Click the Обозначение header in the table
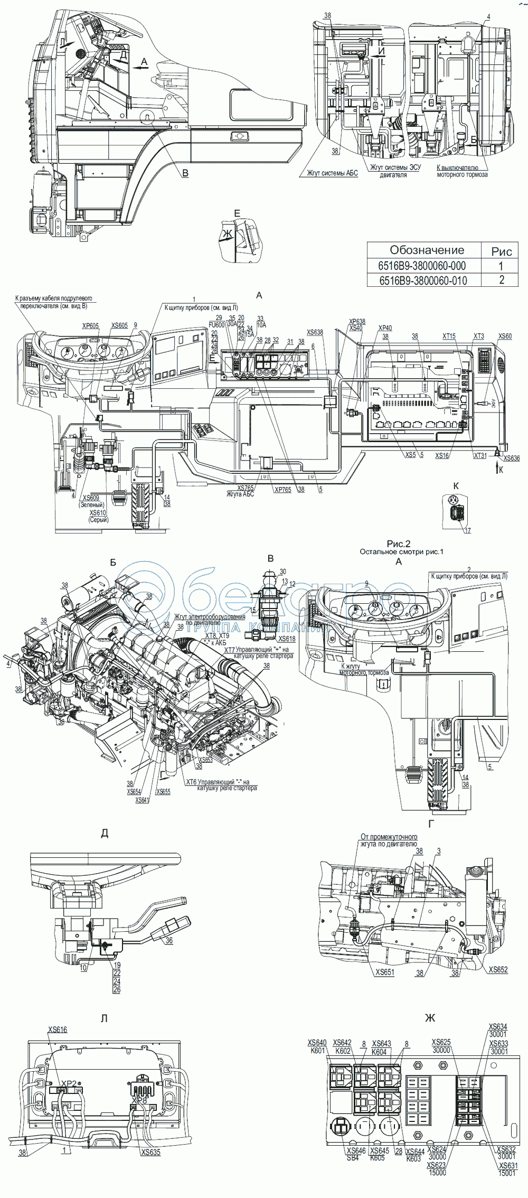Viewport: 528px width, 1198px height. click(x=427, y=250)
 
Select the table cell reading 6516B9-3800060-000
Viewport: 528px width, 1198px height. click(x=422, y=266)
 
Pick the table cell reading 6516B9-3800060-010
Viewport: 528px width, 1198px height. click(x=422, y=279)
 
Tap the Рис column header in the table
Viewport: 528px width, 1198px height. click(x=501, y=251)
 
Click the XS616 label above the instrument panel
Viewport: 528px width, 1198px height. click(x=58, y=1029)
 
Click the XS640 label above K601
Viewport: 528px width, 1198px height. click(x=317, y=1043)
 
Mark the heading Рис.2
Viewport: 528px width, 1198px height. click(x=399, y=543)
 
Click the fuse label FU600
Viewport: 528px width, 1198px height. click(x=216, y=325)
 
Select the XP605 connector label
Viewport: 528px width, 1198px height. click(x=91, y=326)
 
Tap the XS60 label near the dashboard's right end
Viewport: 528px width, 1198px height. click(x=505, y=336)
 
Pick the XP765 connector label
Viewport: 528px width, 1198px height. click(x=282, y=490)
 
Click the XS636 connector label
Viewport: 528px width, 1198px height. click(x=512, y=458)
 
